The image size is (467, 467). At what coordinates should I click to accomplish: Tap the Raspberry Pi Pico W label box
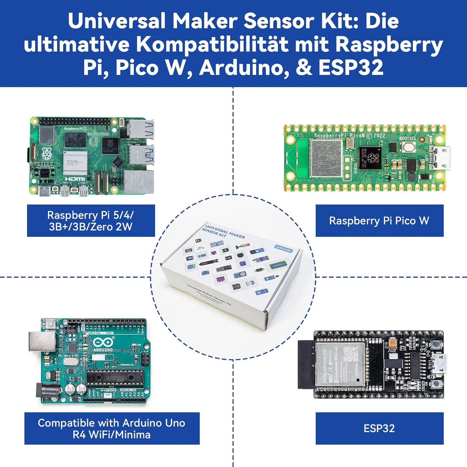[379, 221]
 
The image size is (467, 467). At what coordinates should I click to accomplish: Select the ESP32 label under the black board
[379, 428]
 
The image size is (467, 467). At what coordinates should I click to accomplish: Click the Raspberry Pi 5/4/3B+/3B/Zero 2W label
[91, 221]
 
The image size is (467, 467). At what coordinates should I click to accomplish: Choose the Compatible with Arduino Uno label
[112, 428]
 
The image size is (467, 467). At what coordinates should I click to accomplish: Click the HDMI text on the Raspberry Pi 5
[75, 179]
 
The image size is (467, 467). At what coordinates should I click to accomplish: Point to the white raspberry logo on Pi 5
[47, 154]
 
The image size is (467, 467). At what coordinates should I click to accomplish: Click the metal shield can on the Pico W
[326, 159]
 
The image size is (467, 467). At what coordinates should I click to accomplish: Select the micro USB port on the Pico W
[442, 158]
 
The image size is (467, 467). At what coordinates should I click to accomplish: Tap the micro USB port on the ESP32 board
[441, 365]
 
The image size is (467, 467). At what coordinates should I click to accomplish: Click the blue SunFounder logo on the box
[284, 248]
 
